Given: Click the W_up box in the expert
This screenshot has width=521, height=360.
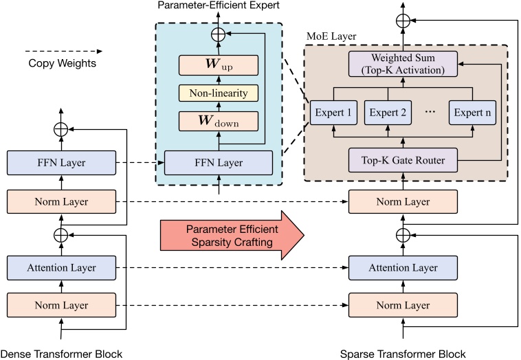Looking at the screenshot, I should [219, 65].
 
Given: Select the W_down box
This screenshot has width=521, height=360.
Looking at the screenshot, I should [219, 121].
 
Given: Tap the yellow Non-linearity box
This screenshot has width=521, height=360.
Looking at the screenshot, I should [219, 93].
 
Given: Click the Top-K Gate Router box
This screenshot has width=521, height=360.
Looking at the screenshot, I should [403, 161].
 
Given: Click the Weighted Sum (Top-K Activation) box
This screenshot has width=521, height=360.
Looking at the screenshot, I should [403, 63].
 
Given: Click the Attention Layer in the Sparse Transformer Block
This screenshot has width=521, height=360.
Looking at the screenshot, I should [403, 267].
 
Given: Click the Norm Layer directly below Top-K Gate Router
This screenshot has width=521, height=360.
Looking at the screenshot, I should [403, 202].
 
